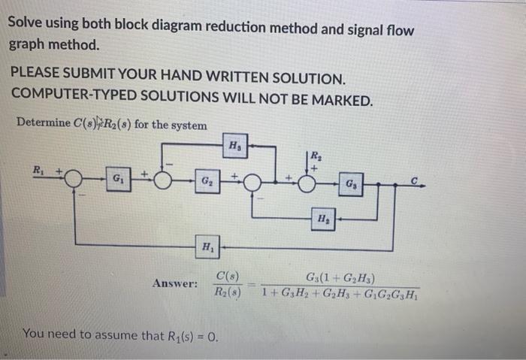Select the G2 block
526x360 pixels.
pos(205,181)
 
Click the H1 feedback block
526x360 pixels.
pos(204,246)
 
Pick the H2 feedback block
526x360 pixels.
pos(322,219)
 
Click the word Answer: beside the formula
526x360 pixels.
pos(175,283)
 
